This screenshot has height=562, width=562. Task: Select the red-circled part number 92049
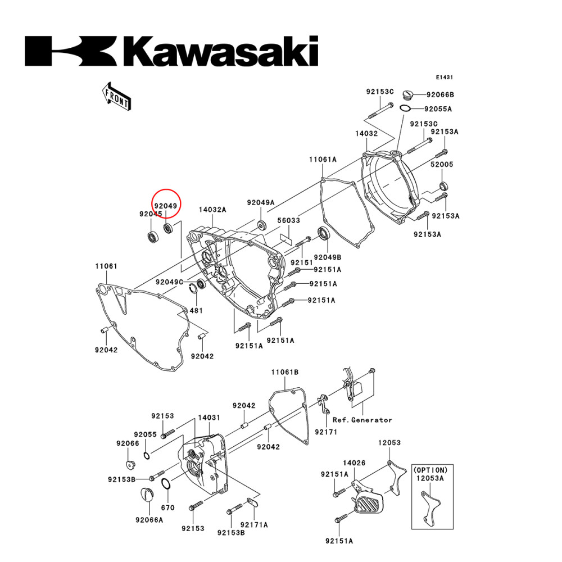166,206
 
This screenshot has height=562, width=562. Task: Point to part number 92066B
440,94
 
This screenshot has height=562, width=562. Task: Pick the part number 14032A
212,210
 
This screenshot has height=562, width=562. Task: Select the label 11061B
285,372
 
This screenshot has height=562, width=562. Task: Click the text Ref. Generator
362,420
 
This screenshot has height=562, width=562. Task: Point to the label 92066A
149,520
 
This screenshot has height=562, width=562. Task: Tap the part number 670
168,507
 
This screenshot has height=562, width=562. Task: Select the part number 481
196,311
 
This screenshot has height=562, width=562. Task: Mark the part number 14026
355,463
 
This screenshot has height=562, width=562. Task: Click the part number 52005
442,165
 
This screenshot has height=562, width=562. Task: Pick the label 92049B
328,257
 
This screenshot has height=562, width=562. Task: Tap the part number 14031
209,419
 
